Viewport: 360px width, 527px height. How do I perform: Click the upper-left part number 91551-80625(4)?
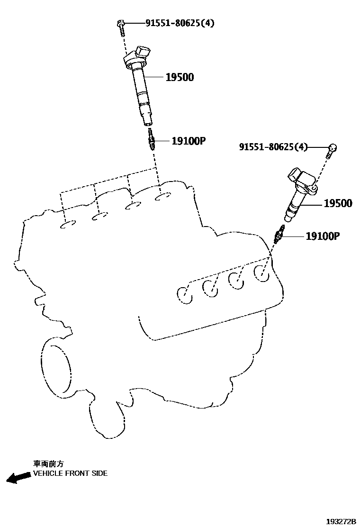173,23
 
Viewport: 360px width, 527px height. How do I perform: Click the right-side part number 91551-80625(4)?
273,148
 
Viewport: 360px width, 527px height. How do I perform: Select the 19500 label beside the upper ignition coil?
180,77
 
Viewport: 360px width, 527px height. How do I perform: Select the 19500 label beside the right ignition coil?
338,203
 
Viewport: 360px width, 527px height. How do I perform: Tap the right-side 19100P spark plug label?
323,236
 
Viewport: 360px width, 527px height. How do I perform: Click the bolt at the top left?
121,26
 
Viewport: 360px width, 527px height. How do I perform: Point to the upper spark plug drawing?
151,139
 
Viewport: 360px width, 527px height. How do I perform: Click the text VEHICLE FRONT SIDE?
70,473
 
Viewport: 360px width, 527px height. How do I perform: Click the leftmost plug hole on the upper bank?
69,224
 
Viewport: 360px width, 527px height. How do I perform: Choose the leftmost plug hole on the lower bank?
185,294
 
